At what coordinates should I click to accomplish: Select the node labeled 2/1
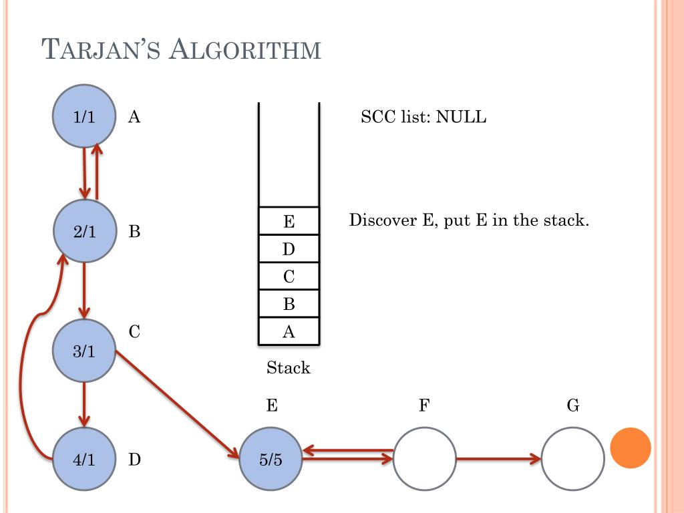click(84, 231)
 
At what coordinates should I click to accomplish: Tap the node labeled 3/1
click(84, 351)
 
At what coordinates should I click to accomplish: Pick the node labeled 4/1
click(84, 460)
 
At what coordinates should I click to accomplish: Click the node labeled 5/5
click(271, 460)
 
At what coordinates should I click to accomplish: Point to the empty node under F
click(424, 460)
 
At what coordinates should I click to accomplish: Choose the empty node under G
click(572, 460)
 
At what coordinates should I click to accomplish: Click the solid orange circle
click(631, 448)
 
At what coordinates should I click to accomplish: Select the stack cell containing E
click(289, 221)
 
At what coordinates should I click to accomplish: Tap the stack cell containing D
click(289, 249)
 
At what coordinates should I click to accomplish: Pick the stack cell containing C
click(289, 277)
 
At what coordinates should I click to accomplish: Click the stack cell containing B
click(289, 305)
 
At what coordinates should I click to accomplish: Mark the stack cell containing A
click(289, 332)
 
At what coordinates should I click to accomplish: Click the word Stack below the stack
click(288, 367)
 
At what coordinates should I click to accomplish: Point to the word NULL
click(462, 118)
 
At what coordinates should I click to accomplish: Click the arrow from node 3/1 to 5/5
click(177, 403)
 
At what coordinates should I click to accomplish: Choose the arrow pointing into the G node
click(498, 459)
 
